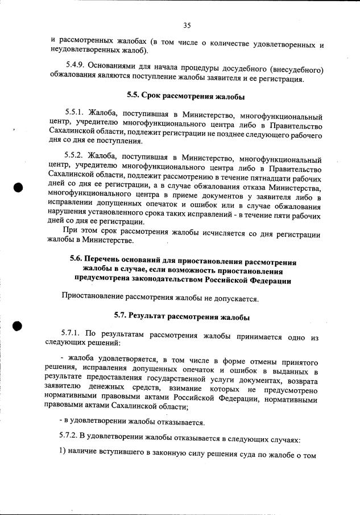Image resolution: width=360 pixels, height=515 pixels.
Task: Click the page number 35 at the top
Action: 187,26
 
